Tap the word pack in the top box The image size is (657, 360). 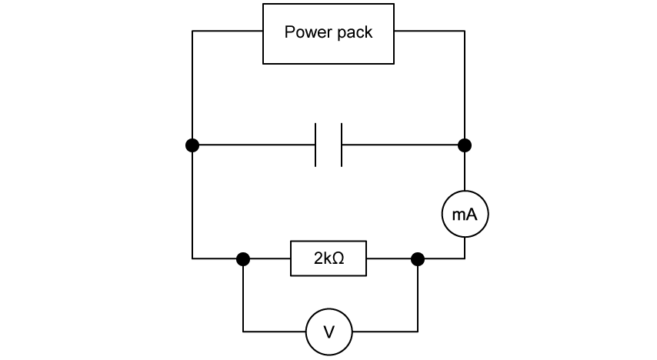pyautogui.click(x=355, y=33)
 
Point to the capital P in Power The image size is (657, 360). pyautogui.click(x=289, y=32)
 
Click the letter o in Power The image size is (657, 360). pyautogui.click(x=298, y=33)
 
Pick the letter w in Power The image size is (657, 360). pyautogui.click(x=308, y=33)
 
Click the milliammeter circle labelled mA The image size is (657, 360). pyautogui.click(x=465, y=214)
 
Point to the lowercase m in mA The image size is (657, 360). pyautogui.click(x=459, y=215)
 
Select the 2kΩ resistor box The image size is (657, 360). pyautogui.click(x=328, y=258)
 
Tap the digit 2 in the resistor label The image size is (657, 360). pyautogui.click(x=318, y=258)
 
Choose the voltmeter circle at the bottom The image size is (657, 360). pyautogui.click(x=328, y=332)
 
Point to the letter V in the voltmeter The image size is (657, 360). pyautogui.click(x=328, y=332)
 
